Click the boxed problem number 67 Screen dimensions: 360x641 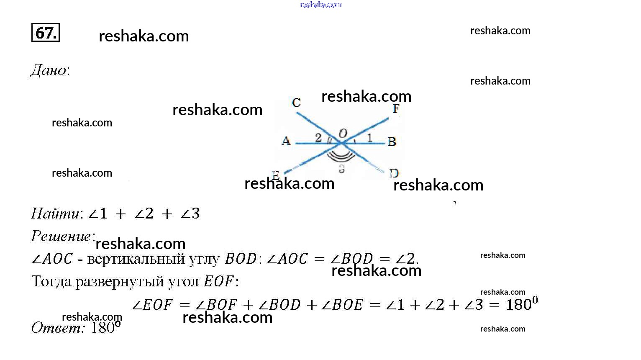point(46,32)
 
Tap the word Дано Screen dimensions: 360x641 point(49,70)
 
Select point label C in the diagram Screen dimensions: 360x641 point(296,103)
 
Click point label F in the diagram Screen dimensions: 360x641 point(396,109)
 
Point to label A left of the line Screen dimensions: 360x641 point(286,141)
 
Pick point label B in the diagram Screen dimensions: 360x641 point(392,142)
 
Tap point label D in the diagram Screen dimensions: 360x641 point(394,172)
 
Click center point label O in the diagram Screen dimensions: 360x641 point(342,134)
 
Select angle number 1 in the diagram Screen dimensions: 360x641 point(369,137)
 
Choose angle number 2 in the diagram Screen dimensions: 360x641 point(318,137)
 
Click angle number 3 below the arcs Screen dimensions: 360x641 point(342,169)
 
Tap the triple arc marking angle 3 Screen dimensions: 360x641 point(341,157)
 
